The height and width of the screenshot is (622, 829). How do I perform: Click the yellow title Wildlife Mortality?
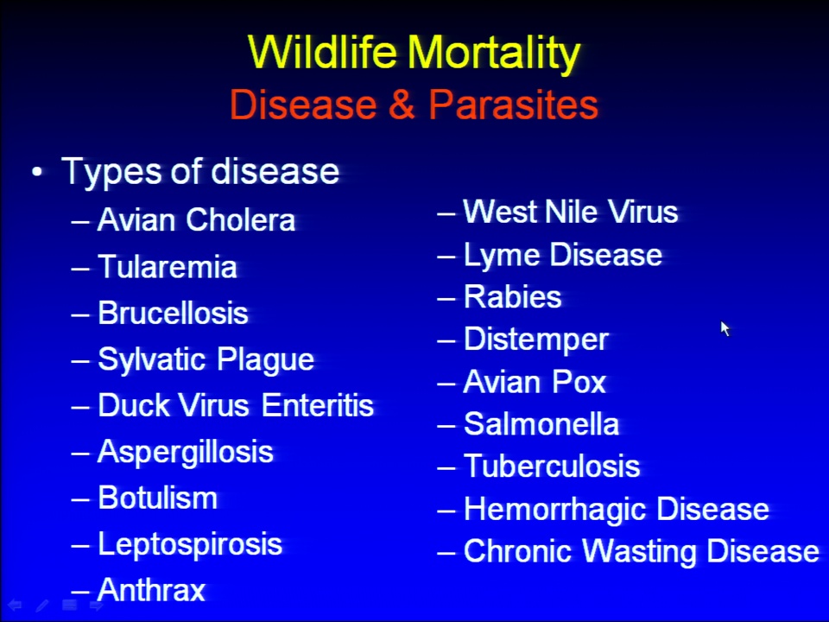pos(414,53)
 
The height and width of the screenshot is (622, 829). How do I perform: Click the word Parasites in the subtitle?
pos(513,105)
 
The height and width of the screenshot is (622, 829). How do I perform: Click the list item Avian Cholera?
pos(196,219)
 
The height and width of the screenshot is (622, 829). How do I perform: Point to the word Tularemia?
pos(167,266)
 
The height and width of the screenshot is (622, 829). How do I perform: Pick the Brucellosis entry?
pos(173,313)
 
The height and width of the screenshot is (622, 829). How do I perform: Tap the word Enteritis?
pos(318,406)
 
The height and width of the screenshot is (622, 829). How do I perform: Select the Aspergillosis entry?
pos(186,453)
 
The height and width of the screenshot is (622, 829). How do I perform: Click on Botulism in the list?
pos(157,498)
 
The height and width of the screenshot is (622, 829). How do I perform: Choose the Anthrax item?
pos(151,590)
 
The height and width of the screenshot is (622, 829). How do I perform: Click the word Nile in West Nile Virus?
pos(571,212)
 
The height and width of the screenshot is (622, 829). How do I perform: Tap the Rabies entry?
pos(512,296)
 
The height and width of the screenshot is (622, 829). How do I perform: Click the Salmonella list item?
pos(541,423)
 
